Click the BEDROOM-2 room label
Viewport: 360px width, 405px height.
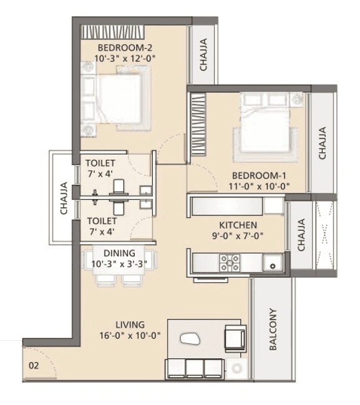[125, 47]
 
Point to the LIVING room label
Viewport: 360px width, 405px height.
[130, 324]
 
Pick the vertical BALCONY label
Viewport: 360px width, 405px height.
[273, 331]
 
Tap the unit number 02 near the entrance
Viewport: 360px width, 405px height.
[34, 366]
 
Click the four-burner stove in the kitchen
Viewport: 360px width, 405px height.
[230, 263]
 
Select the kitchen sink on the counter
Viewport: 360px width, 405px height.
[272, 263]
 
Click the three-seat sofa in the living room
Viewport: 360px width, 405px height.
[194, 368]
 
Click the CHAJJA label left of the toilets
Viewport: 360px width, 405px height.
[64, 198]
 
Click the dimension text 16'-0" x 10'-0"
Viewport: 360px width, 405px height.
[131, 335]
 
